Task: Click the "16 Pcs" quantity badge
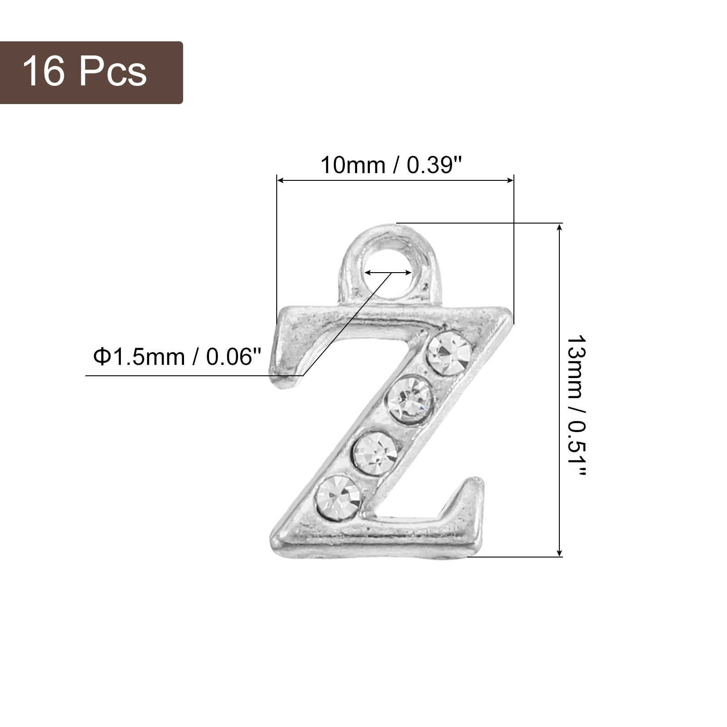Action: click(x=91, y=73)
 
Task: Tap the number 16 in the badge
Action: click(x=44, y=71)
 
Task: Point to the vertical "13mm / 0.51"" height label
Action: click(x=578, y=406)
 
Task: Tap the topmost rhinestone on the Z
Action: click(x=450, y=353)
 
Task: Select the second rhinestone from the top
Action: click(x=408, y=400)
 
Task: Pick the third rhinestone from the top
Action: click(x=376, y=454)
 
